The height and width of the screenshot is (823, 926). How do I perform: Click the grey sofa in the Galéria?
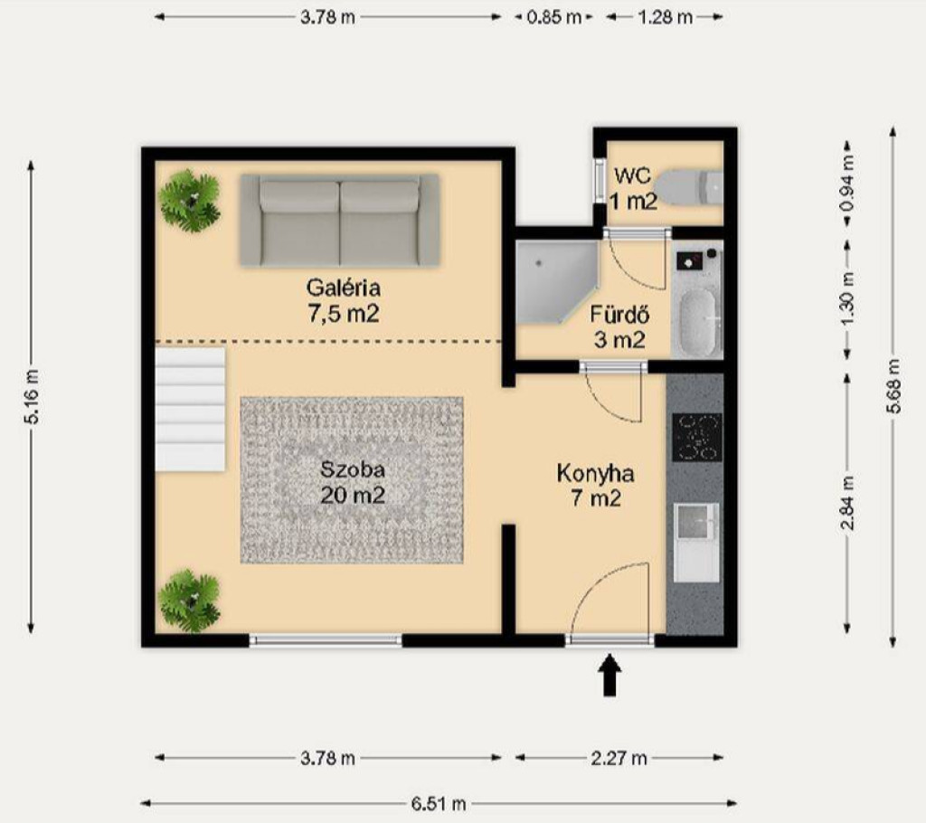(x=340, y=220)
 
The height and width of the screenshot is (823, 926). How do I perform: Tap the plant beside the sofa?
(x=190, y=201)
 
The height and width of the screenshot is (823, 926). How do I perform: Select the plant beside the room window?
(x=190, y=601)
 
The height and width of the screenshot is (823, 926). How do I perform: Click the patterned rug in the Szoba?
(x=352, y=479)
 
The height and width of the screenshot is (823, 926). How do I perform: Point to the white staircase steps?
(x=191, y=410)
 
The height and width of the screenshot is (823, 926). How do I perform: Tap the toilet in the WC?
(x=690, y=187)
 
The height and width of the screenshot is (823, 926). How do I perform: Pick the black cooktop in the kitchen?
(x=697, y=437)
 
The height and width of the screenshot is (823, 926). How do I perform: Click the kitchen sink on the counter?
(x=697, y=521)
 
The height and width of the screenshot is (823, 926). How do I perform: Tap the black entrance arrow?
(x=610, y=675)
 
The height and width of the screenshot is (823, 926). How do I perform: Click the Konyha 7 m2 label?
(x=595, y=486)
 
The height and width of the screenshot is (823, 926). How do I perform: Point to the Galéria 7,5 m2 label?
(x=343, y=301)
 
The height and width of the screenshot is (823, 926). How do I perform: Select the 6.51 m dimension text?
(x=439, y=803)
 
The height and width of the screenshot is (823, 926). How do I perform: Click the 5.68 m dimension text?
(x=894, y=386)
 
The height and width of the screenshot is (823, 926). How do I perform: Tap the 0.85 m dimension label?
(x=554, y=17)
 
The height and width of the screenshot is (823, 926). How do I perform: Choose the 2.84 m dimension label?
(x=848, y=503)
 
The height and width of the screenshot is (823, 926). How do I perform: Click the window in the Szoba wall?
(x=326, y=640)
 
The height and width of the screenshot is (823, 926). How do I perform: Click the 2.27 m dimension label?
(x=619, y=758)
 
